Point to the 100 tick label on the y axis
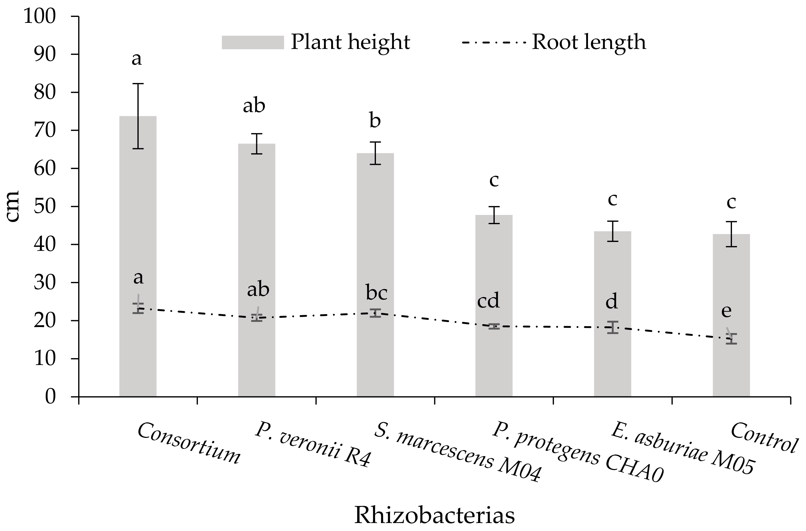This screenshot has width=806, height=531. pos(40,16)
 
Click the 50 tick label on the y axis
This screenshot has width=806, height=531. pos(44,206)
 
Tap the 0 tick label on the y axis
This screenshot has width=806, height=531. pos(50,396)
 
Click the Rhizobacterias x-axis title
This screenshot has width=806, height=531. pos(435,515)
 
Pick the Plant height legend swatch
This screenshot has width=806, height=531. pos(253,43)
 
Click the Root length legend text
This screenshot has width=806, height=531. pos(589,42)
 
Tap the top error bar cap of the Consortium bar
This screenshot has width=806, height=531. pos(138,83)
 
